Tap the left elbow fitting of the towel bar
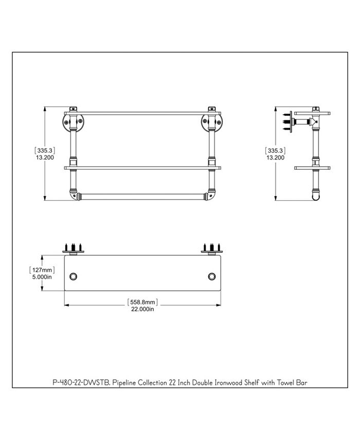(x=74, y=196)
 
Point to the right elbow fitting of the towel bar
(x=210, y=196)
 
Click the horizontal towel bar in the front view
(x=142, y=196)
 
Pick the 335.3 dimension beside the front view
(x=44, y=150)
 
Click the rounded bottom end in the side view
(x=315, y=195)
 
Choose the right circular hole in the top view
(x=212, y=276)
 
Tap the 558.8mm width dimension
(x=142, y=302)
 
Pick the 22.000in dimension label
(x=142, y=309)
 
